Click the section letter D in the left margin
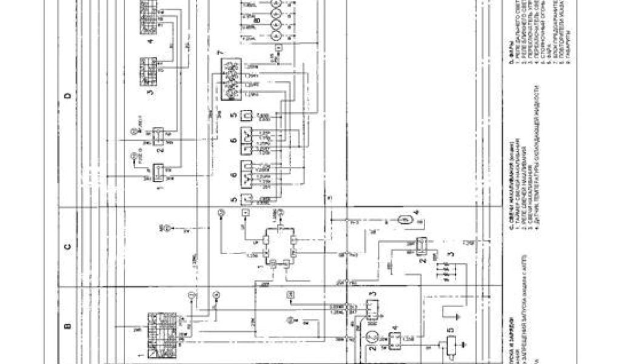coord(68,95)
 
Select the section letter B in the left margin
coord(68,326)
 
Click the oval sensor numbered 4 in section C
coord(404,219)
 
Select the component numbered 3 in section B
coord(370,306)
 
